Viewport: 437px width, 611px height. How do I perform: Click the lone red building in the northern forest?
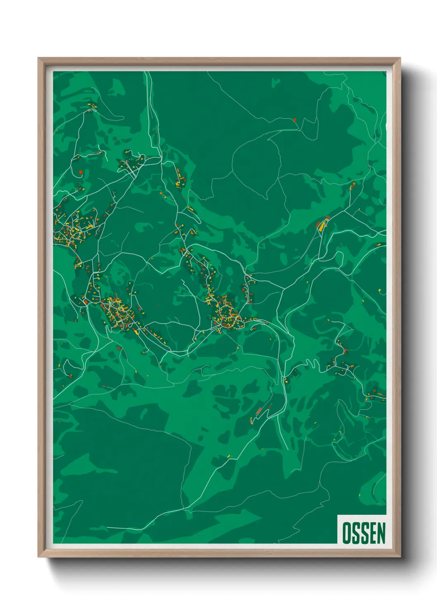point(294,120)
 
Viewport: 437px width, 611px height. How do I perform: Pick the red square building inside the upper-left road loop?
point(81,172)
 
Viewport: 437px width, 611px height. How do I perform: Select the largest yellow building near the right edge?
point(322,225)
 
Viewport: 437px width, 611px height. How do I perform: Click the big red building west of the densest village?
point(85,302)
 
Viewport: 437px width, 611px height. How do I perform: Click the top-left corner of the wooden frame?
point(39,59)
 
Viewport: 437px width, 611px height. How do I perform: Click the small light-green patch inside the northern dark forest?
point(276,82)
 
